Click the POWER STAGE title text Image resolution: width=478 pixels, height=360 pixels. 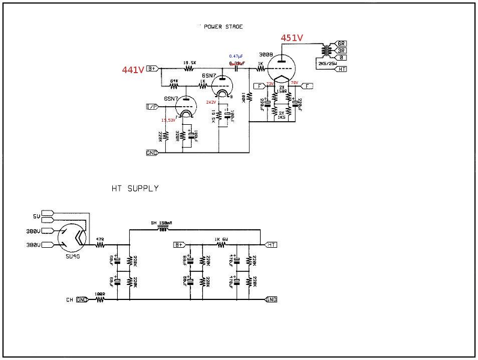coord(223,27)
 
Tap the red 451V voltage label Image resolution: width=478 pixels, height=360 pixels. coord(292,37)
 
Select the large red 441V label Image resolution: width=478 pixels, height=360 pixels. coord(133,70)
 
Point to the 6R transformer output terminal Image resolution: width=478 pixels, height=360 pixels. coord(340,44)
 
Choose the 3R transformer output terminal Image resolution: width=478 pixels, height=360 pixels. coord(340,50)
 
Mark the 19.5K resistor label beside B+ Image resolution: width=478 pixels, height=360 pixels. coord(190,62)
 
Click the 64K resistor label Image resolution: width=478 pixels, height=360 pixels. coord(174,80)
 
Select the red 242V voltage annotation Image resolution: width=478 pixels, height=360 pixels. coord(210,102)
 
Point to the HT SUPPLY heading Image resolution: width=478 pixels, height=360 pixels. coord(135,188)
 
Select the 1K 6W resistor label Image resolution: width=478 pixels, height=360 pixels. coord(222,239)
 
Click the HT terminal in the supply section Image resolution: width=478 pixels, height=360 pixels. coord(271,245)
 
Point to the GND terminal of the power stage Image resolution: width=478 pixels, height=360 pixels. coord(152,152)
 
